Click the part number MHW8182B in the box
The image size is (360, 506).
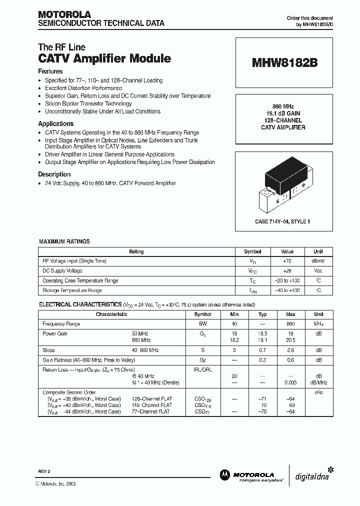[x=284, y=63]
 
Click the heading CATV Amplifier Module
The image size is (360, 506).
[x=104, y=58]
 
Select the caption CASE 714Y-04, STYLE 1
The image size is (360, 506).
[x=284, y=221]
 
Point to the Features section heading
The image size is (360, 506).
[x=50, y=71]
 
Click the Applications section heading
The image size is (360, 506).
[x=55, y=123]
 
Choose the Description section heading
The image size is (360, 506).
[x=54, y=174]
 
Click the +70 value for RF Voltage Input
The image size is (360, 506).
[x=287, y=261]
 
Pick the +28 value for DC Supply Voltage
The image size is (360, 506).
[x=287, y=270]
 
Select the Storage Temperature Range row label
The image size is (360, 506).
[x=72, y=290]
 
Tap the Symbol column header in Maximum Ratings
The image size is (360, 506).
[x=252, y=251]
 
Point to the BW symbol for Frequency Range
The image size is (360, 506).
[x=202, y=324]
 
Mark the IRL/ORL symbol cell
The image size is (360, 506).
[x=202, y=369]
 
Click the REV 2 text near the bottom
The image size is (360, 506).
[x=44, y=471]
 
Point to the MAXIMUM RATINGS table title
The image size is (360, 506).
[x=64, y=241]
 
